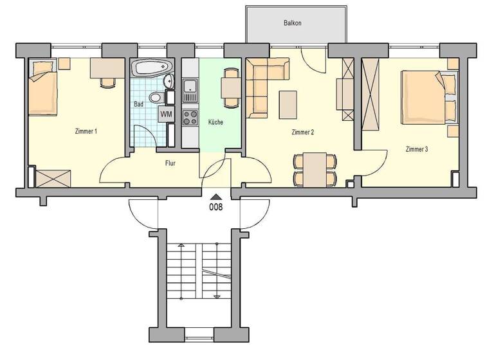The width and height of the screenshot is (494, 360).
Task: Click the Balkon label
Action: pyautogui.click(x=293, y=23)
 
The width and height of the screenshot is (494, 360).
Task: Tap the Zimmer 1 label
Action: pyautogui.click(x=86, y=132)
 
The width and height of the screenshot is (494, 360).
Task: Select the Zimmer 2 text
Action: pyautogui.click(x=302, y=132)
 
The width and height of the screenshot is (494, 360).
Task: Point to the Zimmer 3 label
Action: pyautogui.click(x=417, y=149)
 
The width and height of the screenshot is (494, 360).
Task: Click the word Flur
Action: pyautogui.click(x=170, y=163)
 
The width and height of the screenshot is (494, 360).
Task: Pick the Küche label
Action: pyautogui.click(x=215, y=122)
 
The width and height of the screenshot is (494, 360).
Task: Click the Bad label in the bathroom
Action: pyautogui.click(x=138, y=103)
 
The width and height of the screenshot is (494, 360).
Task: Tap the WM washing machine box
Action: pyautogui.click(x=166, y=114)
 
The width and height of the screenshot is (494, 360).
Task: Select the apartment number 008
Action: pyautogui.click(x=216, y=207)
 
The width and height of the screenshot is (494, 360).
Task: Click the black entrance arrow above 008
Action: pyautogui.click(x=216, y=197)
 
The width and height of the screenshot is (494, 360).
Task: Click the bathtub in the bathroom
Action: pyautogui.click(x=151, y=66)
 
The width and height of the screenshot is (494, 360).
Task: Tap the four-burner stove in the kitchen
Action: pyautogui.click(x=190, y=117)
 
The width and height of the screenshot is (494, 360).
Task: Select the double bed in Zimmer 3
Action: pyautogui.click(x=427, y=97)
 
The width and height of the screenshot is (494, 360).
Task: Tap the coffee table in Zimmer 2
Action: pyautogui.click(x=288, y=104)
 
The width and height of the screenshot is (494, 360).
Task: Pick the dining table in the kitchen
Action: pyautogui.click(x=230, y=86)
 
